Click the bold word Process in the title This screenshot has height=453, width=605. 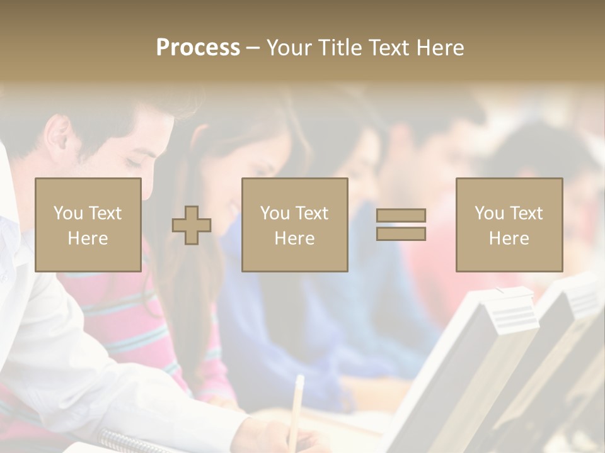coord(198,48)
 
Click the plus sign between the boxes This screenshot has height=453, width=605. coord(192,225)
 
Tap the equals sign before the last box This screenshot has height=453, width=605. coord(401,225)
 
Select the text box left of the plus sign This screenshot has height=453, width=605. coord(88,225)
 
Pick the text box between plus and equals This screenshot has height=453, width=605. coord(295,225)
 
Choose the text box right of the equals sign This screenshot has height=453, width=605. coord(509,225)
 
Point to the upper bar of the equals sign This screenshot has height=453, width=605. coord(401,216)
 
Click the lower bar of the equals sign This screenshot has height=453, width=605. coord(401,234)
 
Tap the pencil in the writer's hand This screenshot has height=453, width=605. coord(296,403)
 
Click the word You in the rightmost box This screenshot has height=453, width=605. coord(489,213)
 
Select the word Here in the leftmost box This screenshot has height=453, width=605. coord(88,238)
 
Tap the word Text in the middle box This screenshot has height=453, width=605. coord(312,213)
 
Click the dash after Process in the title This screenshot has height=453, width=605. coord(253,48)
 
